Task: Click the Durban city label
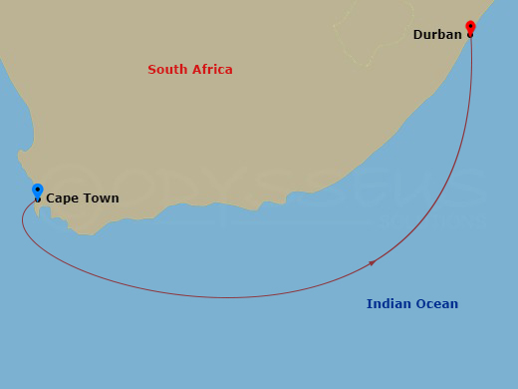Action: [x=437, y=35]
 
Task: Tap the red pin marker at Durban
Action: [x=470, y=27]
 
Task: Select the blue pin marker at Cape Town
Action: [x=38, y=191]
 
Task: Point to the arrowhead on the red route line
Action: [x=373, y=262]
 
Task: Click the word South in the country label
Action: [x=165, y=70]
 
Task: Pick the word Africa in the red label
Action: [x=211, y=70]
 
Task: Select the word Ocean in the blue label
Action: [x=437, y=304]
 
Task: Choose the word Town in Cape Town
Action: [x=100, y=198]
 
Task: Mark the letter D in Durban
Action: [x=418, y=35]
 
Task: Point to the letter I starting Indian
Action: [x=369, y=304]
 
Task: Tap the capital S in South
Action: [x=151, y=70]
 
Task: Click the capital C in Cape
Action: [x=51, y=198]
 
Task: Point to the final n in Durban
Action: [x=458, y=36]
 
